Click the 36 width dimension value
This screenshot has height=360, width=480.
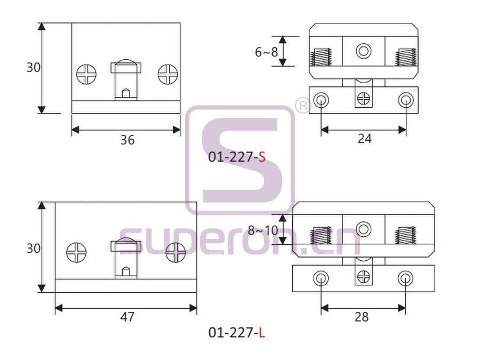(127, 140)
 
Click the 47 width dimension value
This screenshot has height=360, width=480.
(127, 317)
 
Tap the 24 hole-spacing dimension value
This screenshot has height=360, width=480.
(364, 139)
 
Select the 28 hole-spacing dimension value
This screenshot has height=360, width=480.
(362, 317)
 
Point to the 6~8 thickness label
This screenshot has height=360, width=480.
(266, 52)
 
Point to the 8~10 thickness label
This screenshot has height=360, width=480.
(263, 230)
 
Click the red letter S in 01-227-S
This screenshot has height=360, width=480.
(262, 157)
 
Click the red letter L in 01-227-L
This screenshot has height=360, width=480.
(262, 332)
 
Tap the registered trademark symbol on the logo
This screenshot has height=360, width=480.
(303, 106)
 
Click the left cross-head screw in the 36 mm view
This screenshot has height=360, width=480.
(86, 74)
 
